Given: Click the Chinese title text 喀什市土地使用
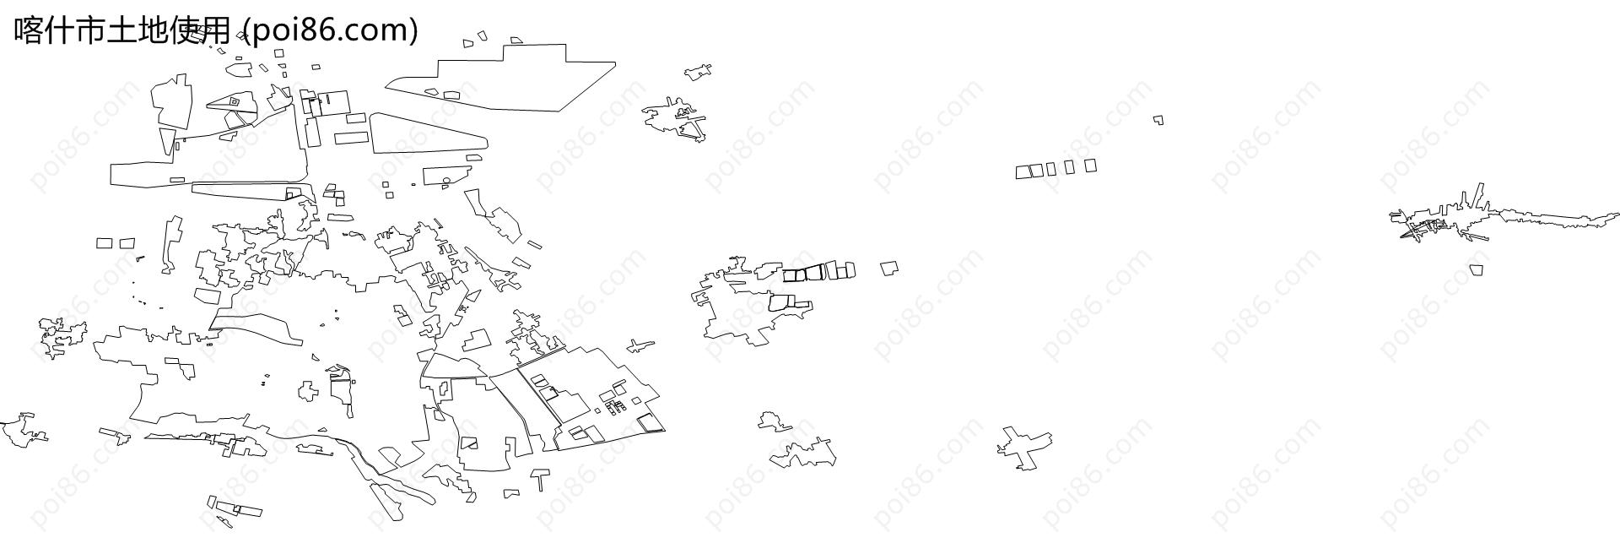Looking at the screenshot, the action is point(122,30).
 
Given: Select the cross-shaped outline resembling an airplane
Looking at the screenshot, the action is point(1024,447).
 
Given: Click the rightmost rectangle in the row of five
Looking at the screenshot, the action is point(1090,166).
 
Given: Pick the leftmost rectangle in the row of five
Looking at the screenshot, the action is point(1023,172).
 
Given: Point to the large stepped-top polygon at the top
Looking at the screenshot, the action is point(501,78).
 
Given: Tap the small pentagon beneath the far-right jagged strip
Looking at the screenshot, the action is point(1476,269).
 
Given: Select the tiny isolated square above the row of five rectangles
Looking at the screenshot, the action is point(1159,121).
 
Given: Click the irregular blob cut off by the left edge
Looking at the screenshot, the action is point(21,430).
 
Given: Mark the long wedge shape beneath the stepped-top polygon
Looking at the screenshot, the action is point(428,135).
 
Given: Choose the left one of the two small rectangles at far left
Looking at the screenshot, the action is point(105,243).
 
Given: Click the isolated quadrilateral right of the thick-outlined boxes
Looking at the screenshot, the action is point(889,268).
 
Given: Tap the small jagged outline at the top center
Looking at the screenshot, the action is point(697,72).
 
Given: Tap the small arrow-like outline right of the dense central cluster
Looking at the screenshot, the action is point(640,345).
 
